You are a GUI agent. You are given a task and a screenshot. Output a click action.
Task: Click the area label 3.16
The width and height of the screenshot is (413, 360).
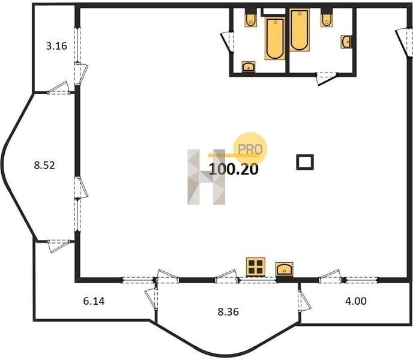click(x=56, y=46)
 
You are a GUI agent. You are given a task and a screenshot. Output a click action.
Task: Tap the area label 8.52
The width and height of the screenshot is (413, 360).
click(x=44, y=166)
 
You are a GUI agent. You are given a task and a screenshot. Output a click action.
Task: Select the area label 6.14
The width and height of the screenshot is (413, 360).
click(x=94, y=301)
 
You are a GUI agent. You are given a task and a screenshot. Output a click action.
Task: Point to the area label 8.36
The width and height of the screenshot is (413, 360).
click(x=228, y=312)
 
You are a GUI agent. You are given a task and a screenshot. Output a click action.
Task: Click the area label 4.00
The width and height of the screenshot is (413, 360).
click(x=356, y=301)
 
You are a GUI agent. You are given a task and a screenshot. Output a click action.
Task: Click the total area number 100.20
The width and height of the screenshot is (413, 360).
click(x=234, y=169)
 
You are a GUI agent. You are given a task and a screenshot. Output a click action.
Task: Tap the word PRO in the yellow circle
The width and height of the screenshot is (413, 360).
click(x=250, y=149)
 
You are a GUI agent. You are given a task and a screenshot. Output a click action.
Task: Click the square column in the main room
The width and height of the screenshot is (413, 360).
click(x=305, y=162)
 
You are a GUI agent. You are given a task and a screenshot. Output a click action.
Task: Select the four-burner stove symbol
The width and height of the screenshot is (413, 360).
click(x=256, y=267)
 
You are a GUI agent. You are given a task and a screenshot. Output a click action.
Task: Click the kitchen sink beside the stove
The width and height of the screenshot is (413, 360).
click(x=284, y=269)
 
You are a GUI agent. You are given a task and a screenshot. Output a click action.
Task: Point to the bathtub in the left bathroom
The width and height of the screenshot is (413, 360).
click(x=275, y=38)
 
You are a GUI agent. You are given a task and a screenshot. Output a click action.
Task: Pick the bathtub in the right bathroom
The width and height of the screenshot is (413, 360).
click(x=299, y=30)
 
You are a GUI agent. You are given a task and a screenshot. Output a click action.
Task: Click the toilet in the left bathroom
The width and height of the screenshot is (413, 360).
click(x=250, y=18)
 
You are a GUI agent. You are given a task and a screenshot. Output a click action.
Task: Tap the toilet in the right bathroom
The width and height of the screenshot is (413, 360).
click(x=327, y=18)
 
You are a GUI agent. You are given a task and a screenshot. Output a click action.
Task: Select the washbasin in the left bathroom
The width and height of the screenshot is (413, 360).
click(x=249, y=67)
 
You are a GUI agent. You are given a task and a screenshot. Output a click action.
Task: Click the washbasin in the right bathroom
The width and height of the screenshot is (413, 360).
click(x=346, y=41)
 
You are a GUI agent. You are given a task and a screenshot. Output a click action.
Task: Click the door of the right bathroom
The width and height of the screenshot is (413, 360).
click(x=327, y=78)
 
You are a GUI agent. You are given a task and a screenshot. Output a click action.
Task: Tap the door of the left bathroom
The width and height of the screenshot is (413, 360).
click(x=228, y=42)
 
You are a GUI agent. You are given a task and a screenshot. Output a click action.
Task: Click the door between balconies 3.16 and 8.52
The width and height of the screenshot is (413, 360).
click(x=58, y=88)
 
